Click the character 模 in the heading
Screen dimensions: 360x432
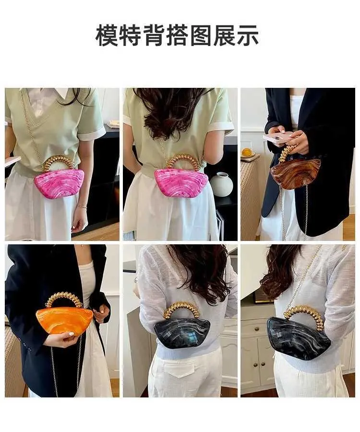coord(107,35)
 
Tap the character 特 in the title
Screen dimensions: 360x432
coord(130,35)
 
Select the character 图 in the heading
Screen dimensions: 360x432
coord(201,35)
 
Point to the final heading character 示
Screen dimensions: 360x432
coord(247,35)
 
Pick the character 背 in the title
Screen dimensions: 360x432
coord(154,35)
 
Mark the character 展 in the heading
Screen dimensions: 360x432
coord(224,35)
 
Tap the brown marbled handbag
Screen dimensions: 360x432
coord(296,172)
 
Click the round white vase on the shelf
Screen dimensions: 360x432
coord(221,184)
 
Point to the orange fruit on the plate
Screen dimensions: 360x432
coord(247,152)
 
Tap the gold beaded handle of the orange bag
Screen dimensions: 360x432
coord(64,300)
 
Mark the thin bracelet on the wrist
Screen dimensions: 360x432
coord(82,206)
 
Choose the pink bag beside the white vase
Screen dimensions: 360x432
coord(181,182)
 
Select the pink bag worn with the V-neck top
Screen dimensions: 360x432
coord(59,183)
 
